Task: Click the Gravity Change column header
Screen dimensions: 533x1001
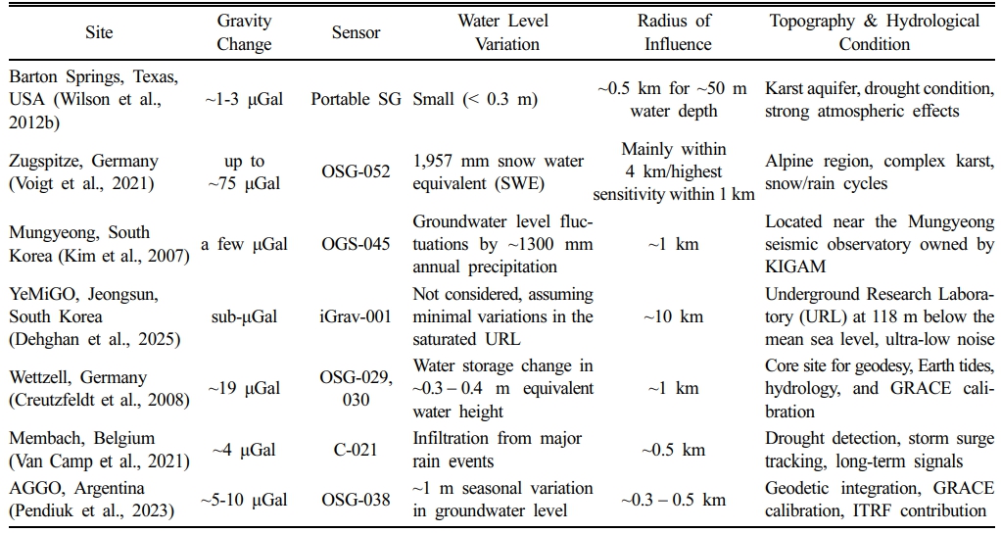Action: coord(244,32)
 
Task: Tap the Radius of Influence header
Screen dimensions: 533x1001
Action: coord(674,32)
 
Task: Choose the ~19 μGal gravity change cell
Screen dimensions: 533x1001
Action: coord(244,389)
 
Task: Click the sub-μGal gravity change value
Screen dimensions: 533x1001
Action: coord(244,315)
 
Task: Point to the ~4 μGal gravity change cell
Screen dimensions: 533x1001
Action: coord(244,451)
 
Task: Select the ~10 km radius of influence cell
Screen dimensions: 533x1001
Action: coord(674,315)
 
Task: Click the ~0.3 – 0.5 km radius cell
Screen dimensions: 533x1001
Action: coord(674,500)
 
